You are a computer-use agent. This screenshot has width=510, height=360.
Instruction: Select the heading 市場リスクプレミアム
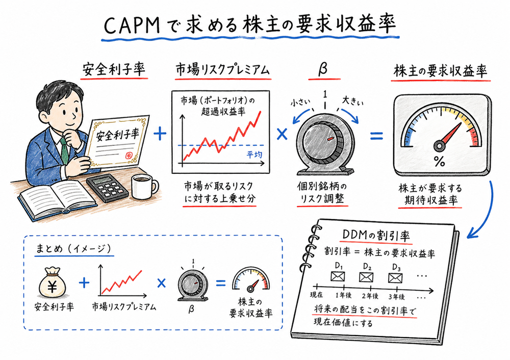point(220,71)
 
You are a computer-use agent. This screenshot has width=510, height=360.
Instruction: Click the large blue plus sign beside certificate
point(160,134)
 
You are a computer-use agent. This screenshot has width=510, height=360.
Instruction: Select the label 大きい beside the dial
point(353,100)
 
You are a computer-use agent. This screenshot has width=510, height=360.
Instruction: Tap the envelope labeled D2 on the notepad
point(367,277)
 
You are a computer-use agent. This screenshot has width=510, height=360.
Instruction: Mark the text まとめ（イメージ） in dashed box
point(73,249)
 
